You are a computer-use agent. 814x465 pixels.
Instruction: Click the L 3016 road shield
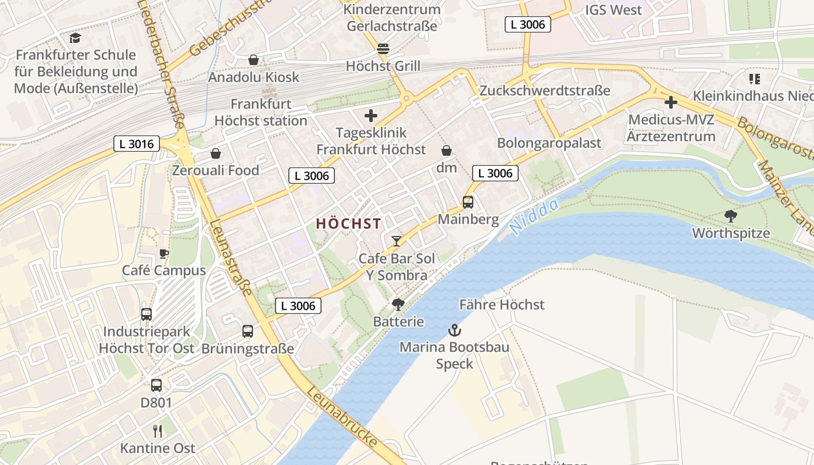point(137,144)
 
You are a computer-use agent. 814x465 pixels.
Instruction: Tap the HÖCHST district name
point(348,224)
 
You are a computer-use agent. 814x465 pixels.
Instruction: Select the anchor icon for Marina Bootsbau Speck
point(454,331)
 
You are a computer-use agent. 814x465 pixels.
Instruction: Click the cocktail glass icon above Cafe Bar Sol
point(397,241)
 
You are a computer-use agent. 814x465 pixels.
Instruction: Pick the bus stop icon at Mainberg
point(468,202)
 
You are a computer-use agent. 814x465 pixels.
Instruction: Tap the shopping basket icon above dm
point(447,151)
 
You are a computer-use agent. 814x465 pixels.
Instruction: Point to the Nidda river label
point(534,216)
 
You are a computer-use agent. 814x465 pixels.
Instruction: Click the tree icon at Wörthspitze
point(731,216)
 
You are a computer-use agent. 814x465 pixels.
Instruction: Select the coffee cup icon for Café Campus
point(164,253)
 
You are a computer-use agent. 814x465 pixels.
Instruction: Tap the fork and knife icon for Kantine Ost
point(157,431)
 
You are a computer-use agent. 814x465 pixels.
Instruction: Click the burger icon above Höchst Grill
point(383,49)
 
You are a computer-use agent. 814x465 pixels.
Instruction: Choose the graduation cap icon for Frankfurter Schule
point(75,38)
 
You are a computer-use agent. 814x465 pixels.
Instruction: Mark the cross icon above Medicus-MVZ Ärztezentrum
point(670,103)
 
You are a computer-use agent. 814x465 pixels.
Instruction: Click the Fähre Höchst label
point(502,305)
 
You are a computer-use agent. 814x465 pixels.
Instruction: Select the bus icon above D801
point(156,385)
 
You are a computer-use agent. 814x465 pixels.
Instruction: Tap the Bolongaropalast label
point(549,143)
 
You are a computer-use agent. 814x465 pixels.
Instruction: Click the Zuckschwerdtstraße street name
point(544,91)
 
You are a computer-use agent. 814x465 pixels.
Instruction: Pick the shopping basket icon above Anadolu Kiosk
point(254,60)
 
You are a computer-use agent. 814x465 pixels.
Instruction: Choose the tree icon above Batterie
point(398,304)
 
